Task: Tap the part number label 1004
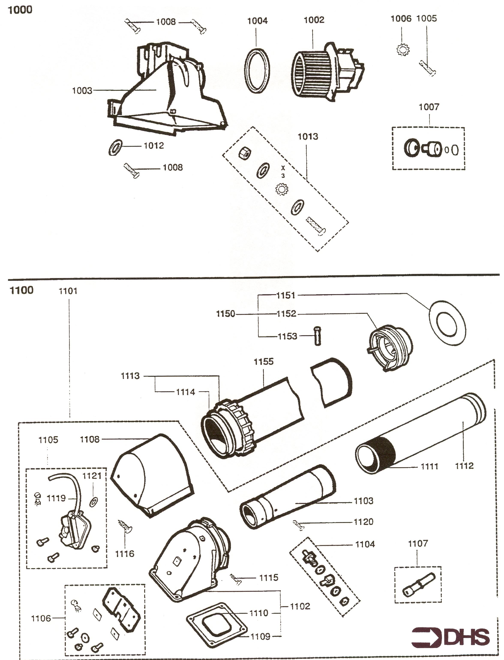pos(257,21)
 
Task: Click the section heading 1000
pos(20,10)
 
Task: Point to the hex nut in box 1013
pos(243,154)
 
